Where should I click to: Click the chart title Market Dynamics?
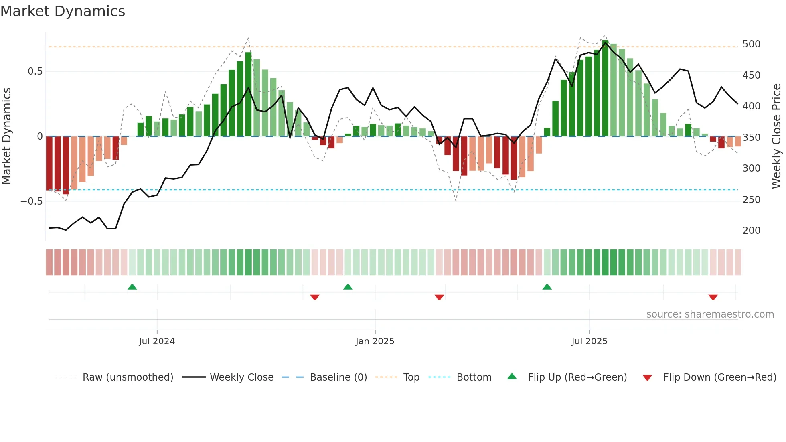[x=63, y=11]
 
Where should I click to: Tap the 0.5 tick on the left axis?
[x=35, y=71]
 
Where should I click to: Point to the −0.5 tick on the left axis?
[x=31, y=201]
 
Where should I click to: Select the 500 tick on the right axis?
[x=751, y=44]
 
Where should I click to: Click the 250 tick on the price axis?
[x=751, y=199]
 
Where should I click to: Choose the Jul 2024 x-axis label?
[x=157, y=341]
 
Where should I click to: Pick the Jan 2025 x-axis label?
[x=375, y=341]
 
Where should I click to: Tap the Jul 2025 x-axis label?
[x=589, y=341]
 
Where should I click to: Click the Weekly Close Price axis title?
[x=776, y=136]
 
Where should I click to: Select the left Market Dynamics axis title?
[x=6, y=136]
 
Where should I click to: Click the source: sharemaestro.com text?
[x=710, y=314]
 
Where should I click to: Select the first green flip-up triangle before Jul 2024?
[x=132, y=287]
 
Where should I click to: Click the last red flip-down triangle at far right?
[x=713, y=297]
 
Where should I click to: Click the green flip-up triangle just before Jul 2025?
[x=547, y=287]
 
